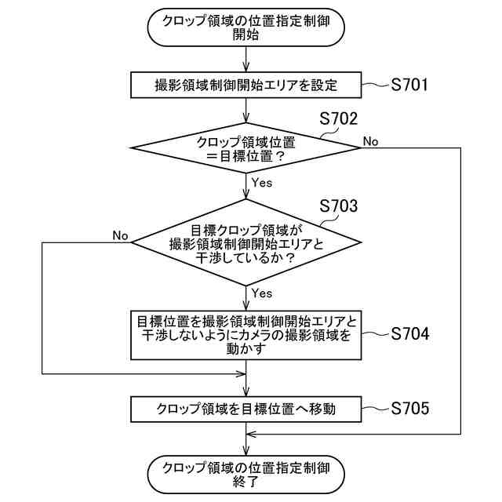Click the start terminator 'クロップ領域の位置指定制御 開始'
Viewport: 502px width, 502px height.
(246, 29)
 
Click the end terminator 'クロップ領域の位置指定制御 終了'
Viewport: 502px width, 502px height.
(246, 475)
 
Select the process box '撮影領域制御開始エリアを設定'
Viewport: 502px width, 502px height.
(246, 85)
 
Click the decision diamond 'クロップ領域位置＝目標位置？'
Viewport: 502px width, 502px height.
(246, 148)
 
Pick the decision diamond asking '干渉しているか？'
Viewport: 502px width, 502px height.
(246, 242)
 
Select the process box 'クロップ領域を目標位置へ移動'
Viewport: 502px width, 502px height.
(246, 408)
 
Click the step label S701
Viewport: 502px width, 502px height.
(409, 85)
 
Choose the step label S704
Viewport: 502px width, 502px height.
(409, 334)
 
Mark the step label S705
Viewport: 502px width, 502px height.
(409, 408)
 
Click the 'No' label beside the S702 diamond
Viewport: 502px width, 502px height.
(370, 141)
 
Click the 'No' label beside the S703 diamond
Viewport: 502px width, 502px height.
(120, 235)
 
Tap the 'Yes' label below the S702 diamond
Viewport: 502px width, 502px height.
(262, 183)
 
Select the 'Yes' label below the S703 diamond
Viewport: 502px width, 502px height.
(262, 293)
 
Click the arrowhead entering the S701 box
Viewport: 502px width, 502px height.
(246, 69)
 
